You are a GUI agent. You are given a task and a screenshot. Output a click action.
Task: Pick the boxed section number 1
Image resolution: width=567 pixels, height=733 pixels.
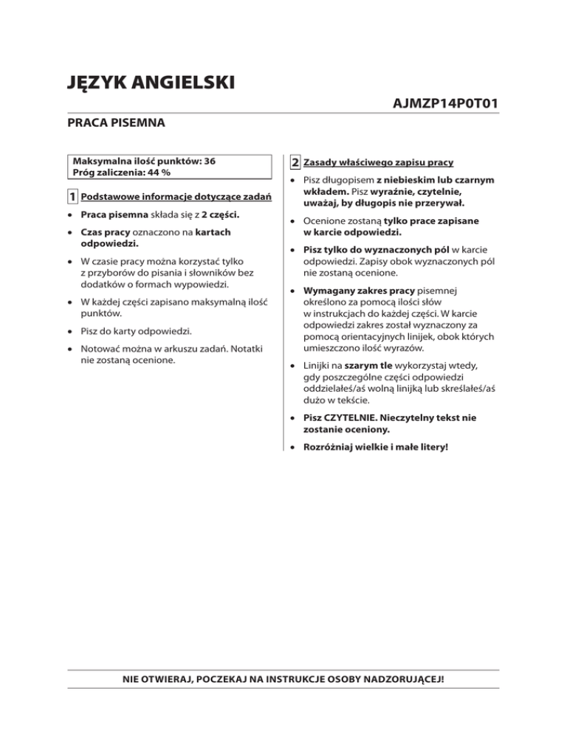[x=73, y=198]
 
